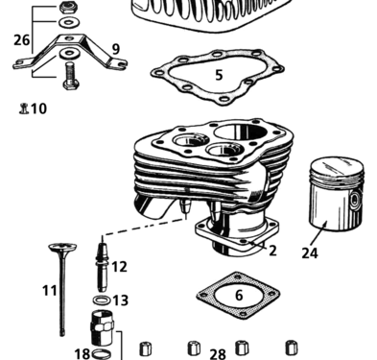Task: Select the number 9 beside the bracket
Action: tap(115, 48)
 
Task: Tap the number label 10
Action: tap(38, 108)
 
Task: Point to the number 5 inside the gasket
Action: tap(219, 74)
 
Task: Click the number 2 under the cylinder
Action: tap(272, 251)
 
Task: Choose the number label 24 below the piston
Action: tap(309, 254)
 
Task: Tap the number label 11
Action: tap(50, 290)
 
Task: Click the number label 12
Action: tap(119, 266)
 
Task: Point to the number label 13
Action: tap(120, 300)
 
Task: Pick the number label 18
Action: tap(82, 352)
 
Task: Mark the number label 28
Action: tap(218, 353)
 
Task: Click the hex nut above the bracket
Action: tap(67, 8)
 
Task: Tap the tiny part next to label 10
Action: tap(22, 108)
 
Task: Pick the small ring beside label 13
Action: tap(103, 300)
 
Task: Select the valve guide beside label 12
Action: tap(101, 264)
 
